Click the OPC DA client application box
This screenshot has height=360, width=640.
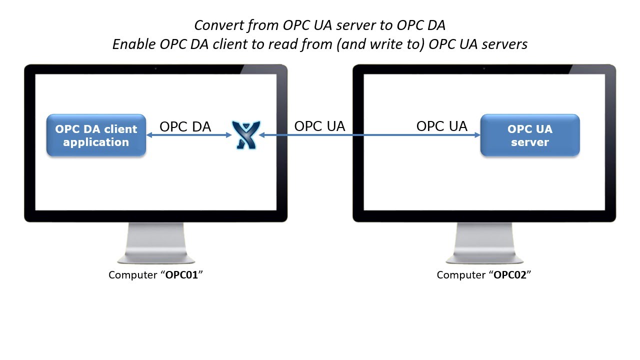click(x=96, y=135)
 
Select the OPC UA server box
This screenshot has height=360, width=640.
click(x=529, y=135)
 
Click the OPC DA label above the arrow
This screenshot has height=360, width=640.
click(x=185, y=126)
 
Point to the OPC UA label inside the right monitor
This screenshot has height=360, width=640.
click(x=441, y=126)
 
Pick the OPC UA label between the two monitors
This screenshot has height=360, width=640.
click(x=319, y=126)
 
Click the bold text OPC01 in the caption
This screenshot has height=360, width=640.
click(x=181, y=275)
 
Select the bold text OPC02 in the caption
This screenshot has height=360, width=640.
click(x=509, y=275)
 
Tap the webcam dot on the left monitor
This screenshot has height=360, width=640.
click(x=155, y=68)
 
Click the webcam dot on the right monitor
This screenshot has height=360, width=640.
click(x=484, y=68)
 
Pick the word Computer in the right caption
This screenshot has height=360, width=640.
click(x=460, y=275)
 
